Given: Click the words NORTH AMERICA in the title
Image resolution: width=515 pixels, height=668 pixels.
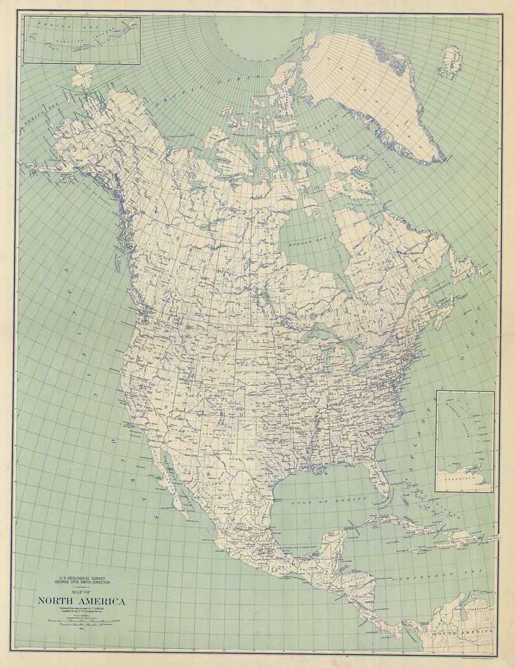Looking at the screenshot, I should pos(82,601).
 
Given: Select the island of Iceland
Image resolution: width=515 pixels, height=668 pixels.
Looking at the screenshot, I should pos(450,62).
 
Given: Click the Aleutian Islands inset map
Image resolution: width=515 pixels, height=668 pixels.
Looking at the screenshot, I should pos(82,40).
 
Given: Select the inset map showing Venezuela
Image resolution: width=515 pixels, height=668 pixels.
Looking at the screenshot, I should pos(464,441).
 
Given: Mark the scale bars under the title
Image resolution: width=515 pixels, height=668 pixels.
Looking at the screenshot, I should pos(82,621).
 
